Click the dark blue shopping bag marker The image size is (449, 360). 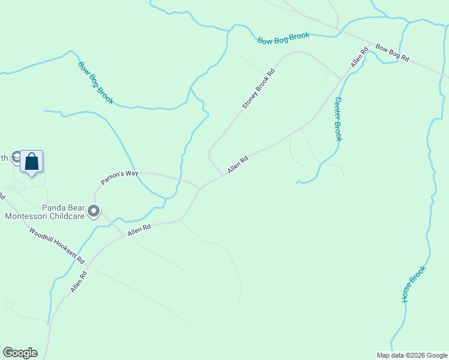click(32, 161)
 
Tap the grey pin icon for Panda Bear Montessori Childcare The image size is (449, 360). click(94, 211)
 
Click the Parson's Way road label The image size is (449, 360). click(119, 177)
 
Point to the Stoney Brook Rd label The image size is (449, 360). click(258, 89)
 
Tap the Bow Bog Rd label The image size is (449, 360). click(392, 53)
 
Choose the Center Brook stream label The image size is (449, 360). click(339, 119)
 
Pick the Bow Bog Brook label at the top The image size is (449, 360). click(283, 38)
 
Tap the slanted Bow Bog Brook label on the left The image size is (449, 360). click(95, 82)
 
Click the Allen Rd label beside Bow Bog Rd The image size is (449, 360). click(359, 58)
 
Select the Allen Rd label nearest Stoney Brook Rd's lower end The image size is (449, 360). click(238, 166)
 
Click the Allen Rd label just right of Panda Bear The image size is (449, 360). click(138, 229)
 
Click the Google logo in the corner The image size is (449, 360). click(20, 353)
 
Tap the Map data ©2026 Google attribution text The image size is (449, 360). click(412, 355)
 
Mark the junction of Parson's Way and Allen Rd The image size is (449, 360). click(200, 187)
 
